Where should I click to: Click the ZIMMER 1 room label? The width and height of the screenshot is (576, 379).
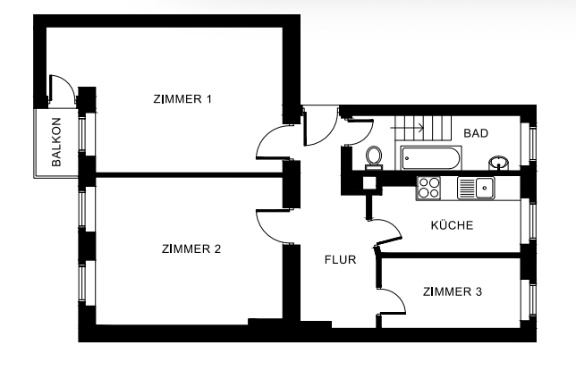click(x=182, y=98)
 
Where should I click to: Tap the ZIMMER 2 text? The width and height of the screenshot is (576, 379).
click(x=191, y=248)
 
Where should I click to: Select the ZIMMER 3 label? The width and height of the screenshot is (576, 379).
click(x=452, y=291)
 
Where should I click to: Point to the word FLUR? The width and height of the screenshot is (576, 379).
click(x=341, y=261)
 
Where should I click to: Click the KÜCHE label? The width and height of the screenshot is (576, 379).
click(x=452, y=225)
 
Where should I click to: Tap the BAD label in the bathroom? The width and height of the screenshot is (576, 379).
click(x=475, y=133)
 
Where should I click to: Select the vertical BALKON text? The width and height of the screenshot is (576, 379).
click(x=56, y=143)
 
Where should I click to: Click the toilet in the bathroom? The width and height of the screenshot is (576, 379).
click(x=375, y=156)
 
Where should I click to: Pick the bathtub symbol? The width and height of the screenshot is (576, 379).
click(x=430, y=159)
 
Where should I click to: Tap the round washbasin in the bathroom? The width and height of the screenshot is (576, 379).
click(x=500, y=163)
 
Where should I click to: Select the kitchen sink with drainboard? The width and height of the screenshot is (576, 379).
click(x=475, y=188)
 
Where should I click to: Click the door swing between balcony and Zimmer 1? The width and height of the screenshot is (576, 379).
click(x=61, y=89)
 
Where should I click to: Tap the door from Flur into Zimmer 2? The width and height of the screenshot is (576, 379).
click(x=271, y=224)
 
